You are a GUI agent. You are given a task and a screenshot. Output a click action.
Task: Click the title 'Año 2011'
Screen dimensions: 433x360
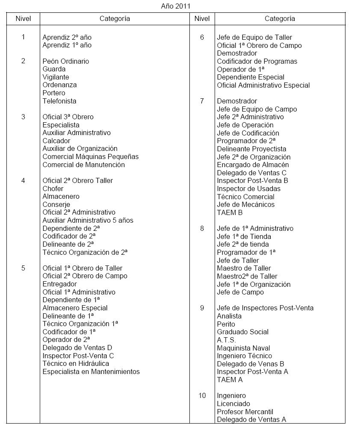176,6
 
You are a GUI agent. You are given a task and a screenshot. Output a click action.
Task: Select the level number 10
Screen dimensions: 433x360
202,395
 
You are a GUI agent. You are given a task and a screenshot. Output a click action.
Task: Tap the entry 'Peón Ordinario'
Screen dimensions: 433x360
66,61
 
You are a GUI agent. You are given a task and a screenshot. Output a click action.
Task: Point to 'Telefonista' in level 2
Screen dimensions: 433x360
59,101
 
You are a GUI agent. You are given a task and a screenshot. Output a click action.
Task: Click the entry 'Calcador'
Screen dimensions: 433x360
56,141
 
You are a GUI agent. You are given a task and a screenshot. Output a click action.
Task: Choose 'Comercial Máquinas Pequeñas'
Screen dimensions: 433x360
91,156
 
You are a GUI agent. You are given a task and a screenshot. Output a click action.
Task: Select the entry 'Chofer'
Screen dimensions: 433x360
53,189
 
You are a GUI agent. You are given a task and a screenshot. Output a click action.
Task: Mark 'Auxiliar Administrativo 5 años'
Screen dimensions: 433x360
88,220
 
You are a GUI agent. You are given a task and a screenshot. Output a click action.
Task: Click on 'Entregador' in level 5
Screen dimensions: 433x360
60,284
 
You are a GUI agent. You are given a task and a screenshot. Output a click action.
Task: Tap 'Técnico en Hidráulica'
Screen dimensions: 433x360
76,363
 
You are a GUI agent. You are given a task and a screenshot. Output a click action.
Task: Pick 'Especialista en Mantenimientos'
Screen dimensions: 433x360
91,371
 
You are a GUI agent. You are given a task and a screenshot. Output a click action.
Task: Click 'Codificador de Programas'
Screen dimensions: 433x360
257,61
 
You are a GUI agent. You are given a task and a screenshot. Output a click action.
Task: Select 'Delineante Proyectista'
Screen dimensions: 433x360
251,149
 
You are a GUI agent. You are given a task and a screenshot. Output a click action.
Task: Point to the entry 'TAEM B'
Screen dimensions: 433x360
230,212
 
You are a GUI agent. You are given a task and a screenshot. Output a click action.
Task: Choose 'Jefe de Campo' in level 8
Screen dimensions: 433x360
240,292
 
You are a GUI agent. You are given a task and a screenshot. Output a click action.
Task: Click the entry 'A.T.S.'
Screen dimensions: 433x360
226,340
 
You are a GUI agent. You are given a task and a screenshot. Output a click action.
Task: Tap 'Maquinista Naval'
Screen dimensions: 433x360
243,348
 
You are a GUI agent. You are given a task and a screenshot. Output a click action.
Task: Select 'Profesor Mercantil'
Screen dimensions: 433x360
245,412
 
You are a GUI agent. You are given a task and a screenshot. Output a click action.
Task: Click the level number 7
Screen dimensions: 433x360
202,101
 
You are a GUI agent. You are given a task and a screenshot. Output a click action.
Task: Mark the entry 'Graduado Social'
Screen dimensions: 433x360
243,332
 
